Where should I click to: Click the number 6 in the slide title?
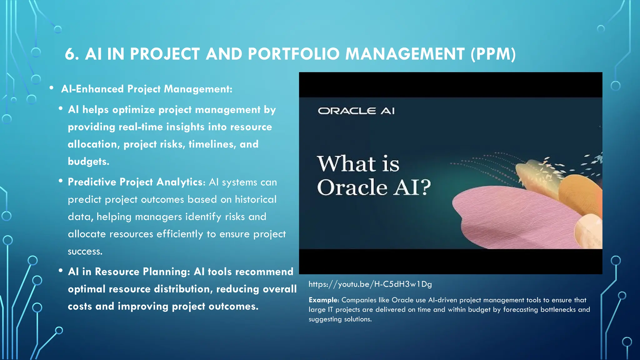click(70, 54)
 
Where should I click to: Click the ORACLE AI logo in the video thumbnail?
click(356, 111)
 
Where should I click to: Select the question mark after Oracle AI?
click(424, 187)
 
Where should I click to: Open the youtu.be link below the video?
click(370, 284)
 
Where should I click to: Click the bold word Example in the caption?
click(323, 300)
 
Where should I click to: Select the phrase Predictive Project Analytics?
click(135, 182)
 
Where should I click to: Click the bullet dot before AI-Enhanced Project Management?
click(52, 88)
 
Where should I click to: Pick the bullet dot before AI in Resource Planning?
click(61, 271)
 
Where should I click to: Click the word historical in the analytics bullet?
click(256, 199)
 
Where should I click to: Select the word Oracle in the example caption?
click(402, 300)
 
